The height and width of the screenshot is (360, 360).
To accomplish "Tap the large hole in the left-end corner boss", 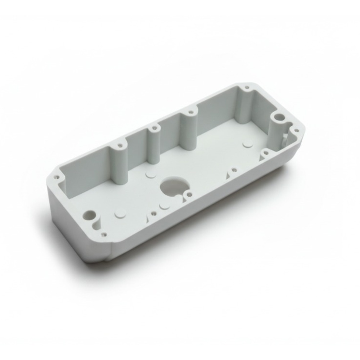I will coord(89,215).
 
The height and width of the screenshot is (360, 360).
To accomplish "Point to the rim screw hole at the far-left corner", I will coord(56,177).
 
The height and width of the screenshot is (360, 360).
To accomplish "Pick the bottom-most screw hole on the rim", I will coord(104,235).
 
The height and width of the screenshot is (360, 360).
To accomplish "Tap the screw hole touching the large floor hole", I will coord(188,195).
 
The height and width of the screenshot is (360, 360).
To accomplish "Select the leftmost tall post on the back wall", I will coord(119,162).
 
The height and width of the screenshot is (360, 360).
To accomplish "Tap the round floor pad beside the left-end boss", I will coord(120,213).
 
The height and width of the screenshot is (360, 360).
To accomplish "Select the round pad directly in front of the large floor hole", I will coord(164,207).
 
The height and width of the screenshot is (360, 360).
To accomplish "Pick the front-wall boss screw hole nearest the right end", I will coord(265,153).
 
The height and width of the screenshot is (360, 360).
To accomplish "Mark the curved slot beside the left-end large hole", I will coord(96,223).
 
